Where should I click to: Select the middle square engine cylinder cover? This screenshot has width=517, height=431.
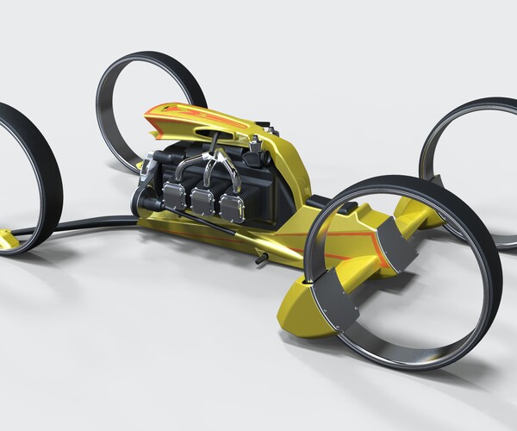(x=203, y=202)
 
